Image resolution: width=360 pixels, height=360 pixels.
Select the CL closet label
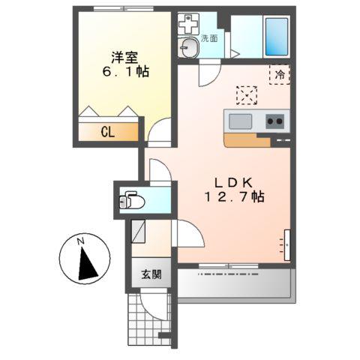pos(108,133)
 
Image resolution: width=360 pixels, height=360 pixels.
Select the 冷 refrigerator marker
pos(279,74)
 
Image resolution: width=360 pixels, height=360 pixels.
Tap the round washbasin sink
pos(188,49)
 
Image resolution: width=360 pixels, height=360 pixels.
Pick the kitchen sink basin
pos(241,121)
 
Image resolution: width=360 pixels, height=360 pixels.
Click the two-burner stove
pos(274,121)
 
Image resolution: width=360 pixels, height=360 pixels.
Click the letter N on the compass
pos(79,241)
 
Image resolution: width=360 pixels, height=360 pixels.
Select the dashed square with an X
pos(246,95)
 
